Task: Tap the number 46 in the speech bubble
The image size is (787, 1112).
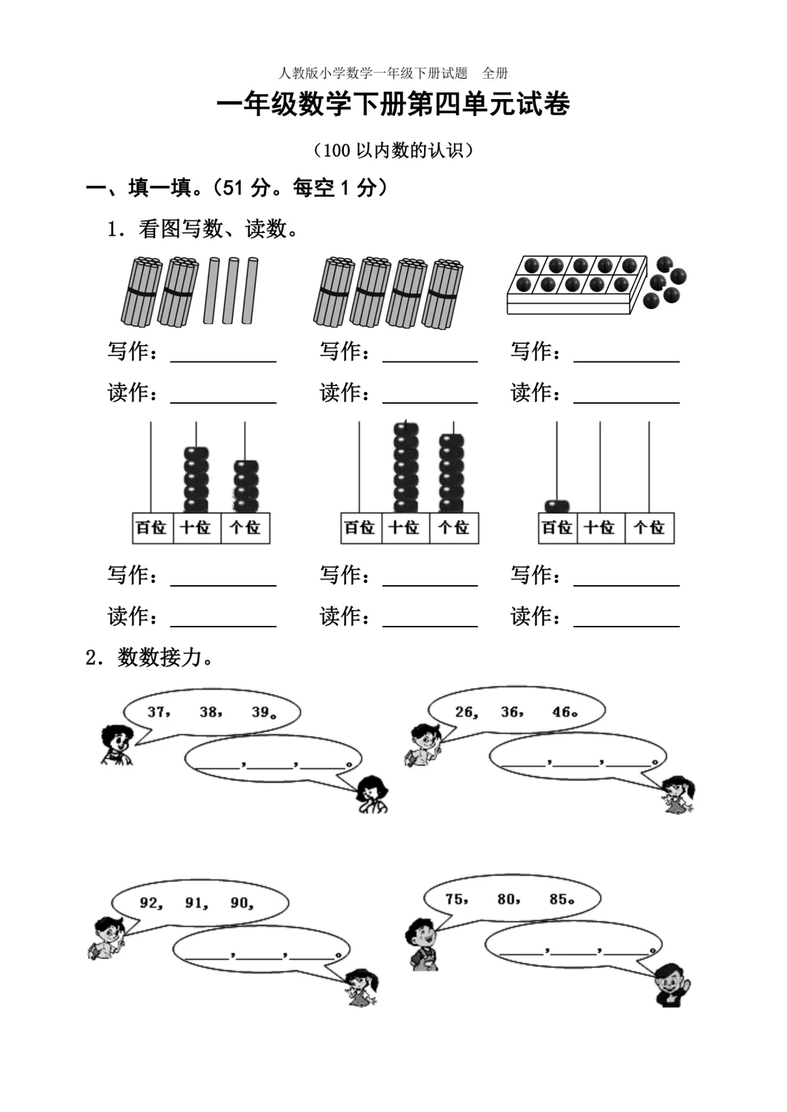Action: point(563,712)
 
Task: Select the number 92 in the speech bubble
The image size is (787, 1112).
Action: point(150,903)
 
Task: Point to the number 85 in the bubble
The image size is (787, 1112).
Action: point(560,899)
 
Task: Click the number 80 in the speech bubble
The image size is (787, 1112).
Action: point(508,899)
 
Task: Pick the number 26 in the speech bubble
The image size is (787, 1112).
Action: point(465,712)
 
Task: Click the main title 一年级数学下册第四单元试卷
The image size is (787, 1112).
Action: point(393,105)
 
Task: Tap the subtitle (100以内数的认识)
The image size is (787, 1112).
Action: point(393,150)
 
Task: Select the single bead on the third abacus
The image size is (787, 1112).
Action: point(557,505)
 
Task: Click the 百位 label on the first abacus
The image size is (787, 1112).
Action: point(152,528)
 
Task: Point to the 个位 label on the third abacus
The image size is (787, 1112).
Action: point(649,528)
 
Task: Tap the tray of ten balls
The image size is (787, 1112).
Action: point(576,284)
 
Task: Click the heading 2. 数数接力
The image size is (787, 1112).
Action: point(151,657)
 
